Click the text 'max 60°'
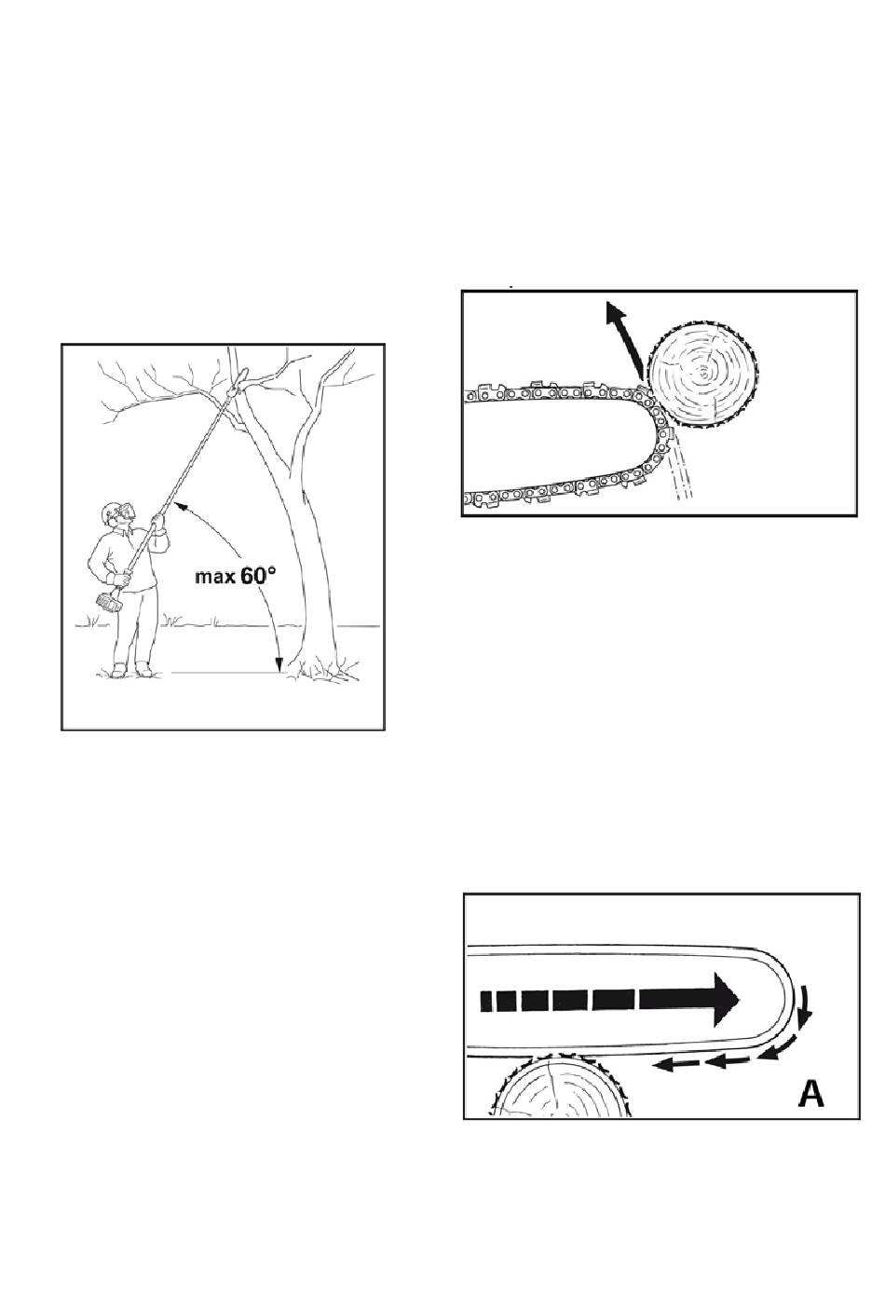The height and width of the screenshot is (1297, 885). pyautogui.click(x=236, y=576)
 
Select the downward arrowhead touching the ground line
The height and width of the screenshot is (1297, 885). pyautogui.click(x=279, y=664)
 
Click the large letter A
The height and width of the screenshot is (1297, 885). pyautogui.click(x=810, y=1094)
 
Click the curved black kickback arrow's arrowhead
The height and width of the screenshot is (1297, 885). pyautogui.click(x=615, y=316)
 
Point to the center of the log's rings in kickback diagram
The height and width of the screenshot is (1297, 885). pyautogui.click(x=703, y=374)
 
